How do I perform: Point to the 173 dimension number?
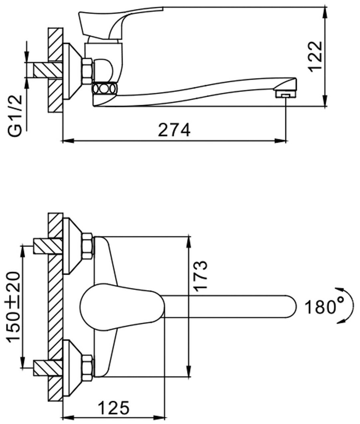201,276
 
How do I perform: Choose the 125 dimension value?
113,408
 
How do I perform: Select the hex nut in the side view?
87,71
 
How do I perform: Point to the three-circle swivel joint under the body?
104,89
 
